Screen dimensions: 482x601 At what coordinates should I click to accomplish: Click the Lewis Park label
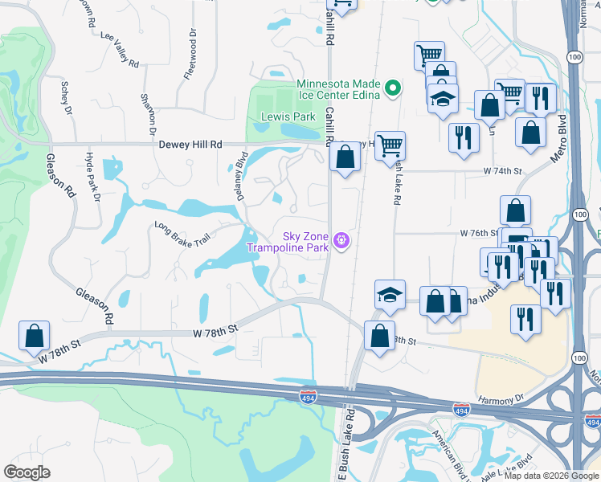pos(288,116)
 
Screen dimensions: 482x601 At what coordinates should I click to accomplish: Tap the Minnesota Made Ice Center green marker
pos(393,88)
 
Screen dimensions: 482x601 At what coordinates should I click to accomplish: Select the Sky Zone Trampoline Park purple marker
pos(341,240)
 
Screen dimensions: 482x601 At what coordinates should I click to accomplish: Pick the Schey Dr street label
pos(66,97)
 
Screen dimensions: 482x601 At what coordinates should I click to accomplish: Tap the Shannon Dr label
pos(148,112)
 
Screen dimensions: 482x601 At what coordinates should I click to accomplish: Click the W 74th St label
pos(502,171)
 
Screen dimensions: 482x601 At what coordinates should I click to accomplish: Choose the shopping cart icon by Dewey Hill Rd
pos(390,145)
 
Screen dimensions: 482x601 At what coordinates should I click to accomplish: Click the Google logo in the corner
pos(27,472)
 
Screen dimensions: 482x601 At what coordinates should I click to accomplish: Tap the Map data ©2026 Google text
pos(552,476)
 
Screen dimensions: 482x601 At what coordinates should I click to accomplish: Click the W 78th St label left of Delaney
pos(215,330)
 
